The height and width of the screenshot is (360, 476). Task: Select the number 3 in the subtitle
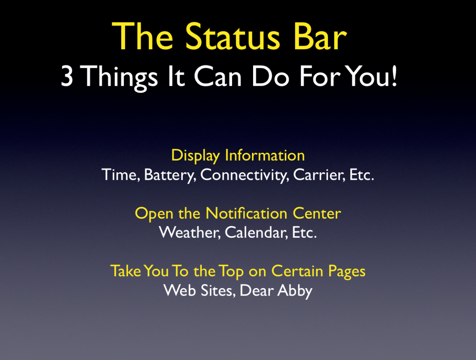67,76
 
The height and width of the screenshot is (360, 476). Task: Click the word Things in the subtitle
120,78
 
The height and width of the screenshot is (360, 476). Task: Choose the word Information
265,155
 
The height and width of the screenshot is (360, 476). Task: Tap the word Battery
170,175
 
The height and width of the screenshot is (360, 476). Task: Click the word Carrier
319,175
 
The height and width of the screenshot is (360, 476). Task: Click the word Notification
246,213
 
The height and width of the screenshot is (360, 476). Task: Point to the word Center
317,213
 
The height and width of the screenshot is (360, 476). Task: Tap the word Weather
190,233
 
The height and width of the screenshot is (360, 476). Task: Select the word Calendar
257,233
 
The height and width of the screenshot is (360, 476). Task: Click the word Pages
347,271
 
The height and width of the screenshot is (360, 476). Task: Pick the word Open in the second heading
154,214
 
